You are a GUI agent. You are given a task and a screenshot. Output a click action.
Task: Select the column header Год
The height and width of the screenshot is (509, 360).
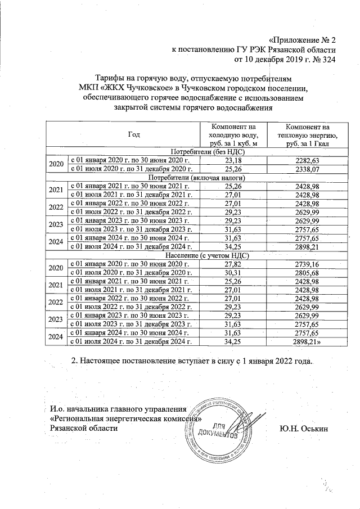click(x=133, y=135)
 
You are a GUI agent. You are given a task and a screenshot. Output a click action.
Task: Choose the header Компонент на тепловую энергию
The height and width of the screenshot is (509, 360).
click(x=307, y=135)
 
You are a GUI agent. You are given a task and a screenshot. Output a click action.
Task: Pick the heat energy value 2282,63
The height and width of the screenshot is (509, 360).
click(x=307, y=160)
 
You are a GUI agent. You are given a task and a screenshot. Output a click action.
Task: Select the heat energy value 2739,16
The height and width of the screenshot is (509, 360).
click(x=307, y=263)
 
